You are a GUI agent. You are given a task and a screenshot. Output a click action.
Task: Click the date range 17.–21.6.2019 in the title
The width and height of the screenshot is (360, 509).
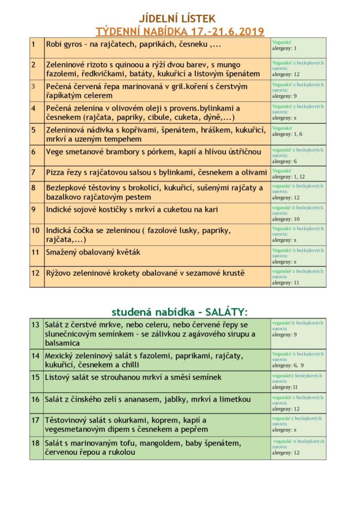(x=224, y=31)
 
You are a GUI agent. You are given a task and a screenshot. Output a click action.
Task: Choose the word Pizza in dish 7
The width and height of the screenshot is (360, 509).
(x=56, y=172)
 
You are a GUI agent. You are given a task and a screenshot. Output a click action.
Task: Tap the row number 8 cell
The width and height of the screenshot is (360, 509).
(x=36, y=192)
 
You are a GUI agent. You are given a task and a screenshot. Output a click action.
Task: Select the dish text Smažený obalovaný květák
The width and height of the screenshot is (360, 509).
(x=93, y=252)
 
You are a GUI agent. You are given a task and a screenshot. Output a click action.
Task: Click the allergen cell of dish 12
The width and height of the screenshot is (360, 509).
(x=298, y=277)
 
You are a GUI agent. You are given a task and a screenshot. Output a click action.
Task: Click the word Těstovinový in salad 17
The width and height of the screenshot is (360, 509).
(x=69, y=420)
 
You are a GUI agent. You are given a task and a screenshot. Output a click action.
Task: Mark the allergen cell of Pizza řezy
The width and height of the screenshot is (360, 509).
(x=298, y=174)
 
